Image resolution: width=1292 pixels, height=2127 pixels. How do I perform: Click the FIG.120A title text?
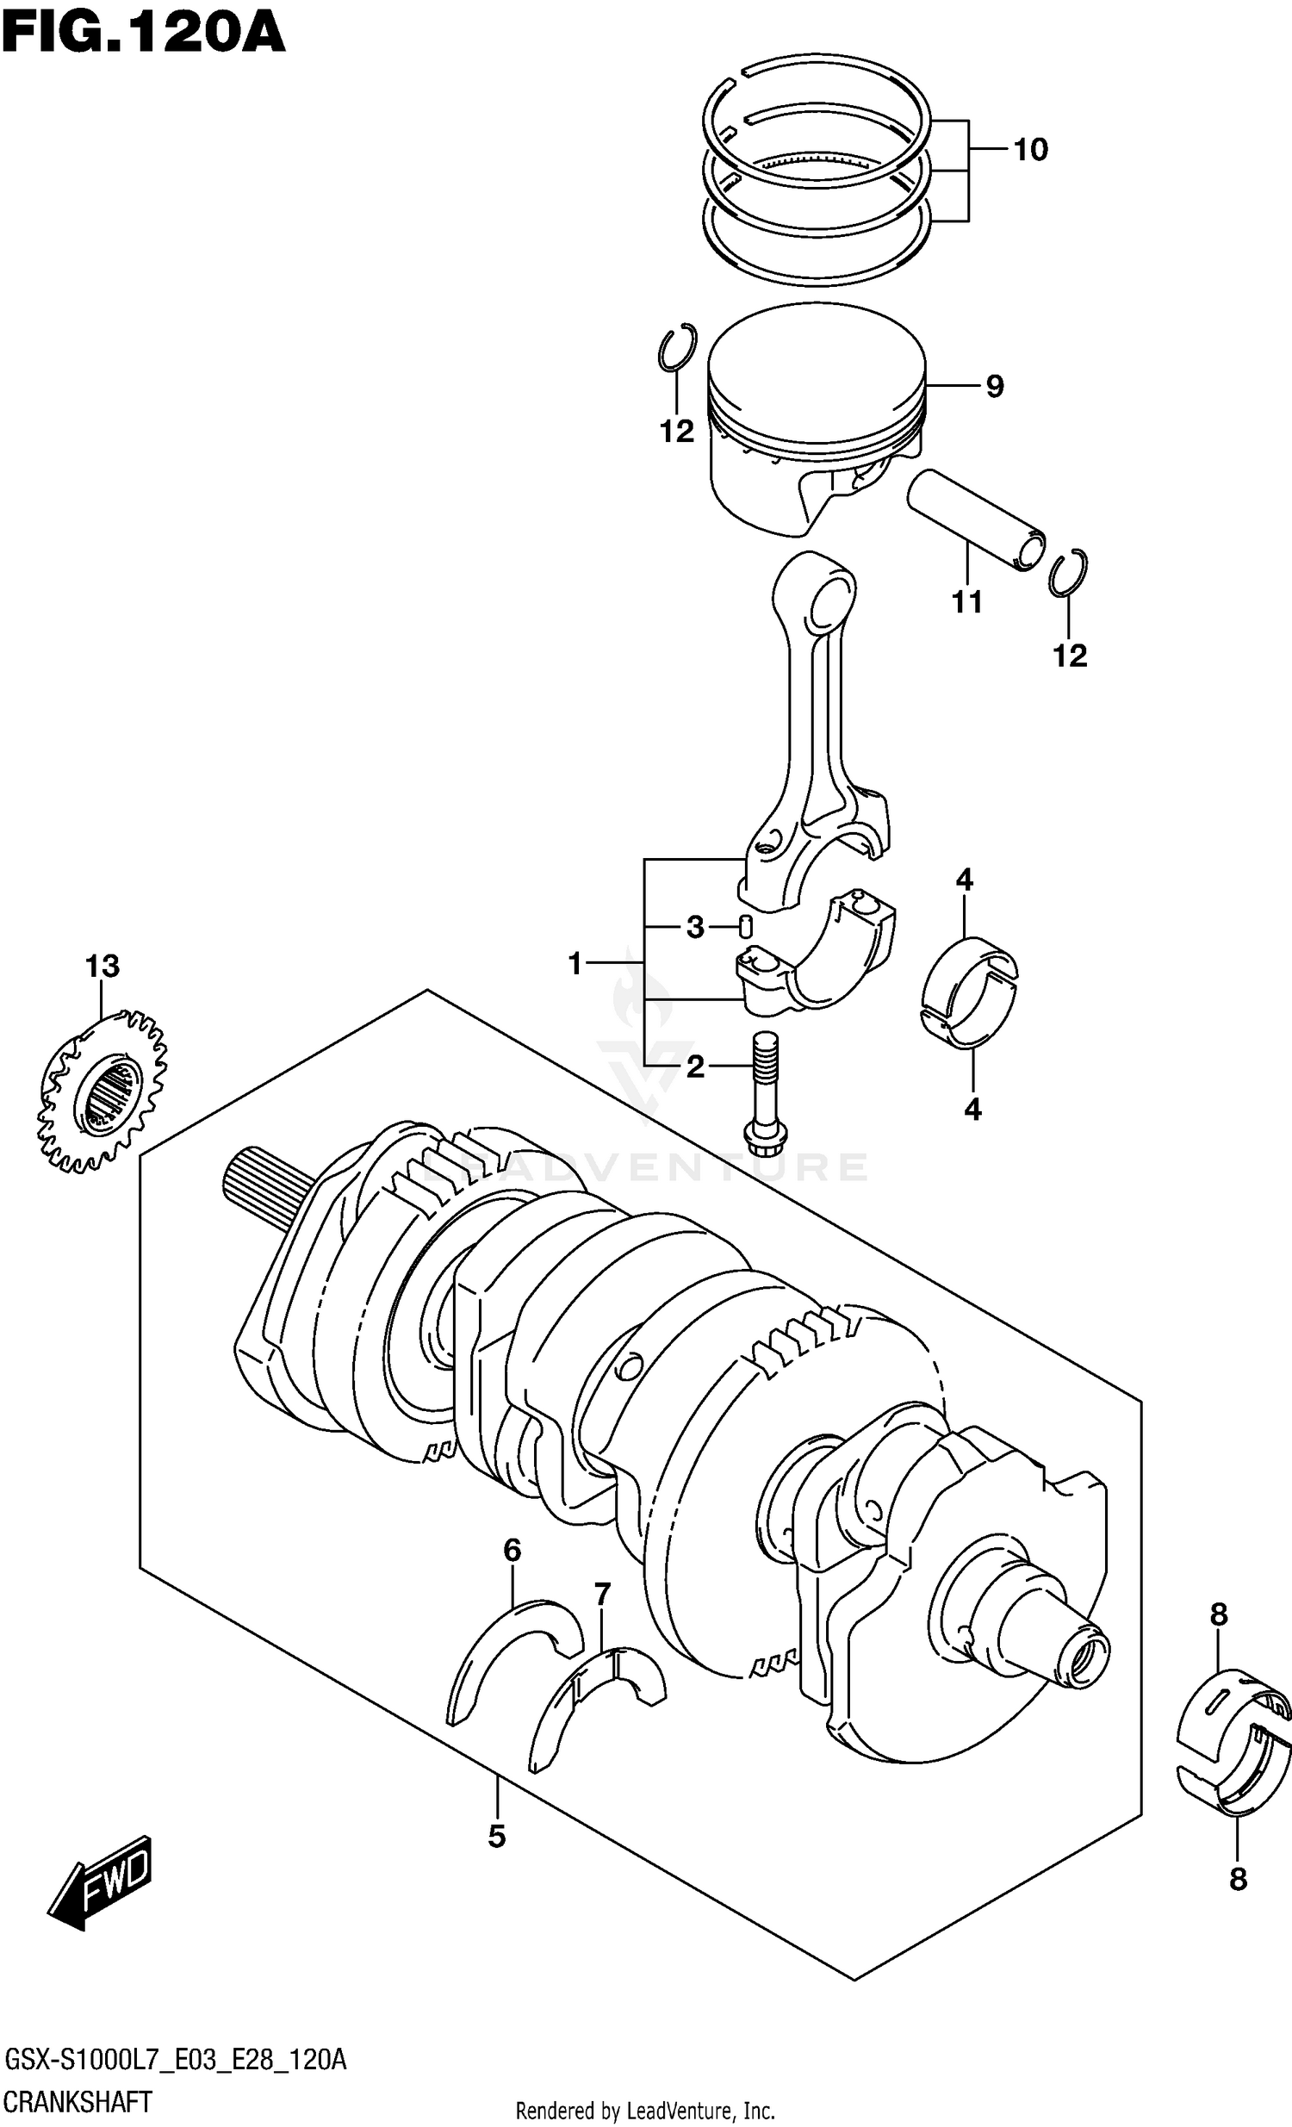pyautogui.click(x=142, y=34)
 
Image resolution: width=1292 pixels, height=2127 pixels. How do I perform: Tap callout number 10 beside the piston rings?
pyautogui.click(x=1029, y=150)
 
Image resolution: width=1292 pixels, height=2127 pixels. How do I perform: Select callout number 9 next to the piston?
pyautogui.click(x=994, y=386)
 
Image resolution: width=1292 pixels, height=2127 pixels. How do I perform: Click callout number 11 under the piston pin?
pyautogui.click(x=966, y=602)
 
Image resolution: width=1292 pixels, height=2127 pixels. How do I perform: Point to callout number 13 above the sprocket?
pyautogui.click(x=102, y=967)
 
